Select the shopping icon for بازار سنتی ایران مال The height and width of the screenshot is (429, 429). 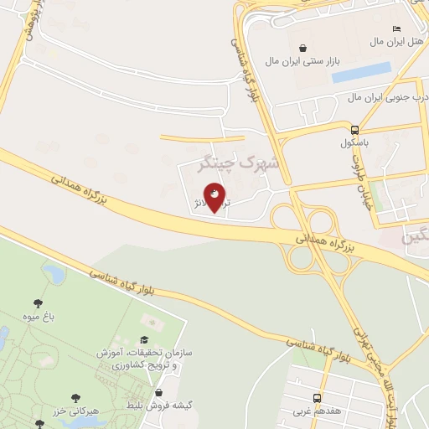click(x=302, y=49)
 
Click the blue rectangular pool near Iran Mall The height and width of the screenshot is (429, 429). click(x=361, y=73)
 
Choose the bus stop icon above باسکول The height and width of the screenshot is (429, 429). click(x=355, y=130)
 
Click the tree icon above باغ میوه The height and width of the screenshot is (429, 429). click(x=37, y=303)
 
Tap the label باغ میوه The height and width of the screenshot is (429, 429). click(x=37, y=317)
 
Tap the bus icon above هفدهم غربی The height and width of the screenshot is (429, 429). click(x=318, y=398)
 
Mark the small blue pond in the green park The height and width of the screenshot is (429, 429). click(x=54, y=273)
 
